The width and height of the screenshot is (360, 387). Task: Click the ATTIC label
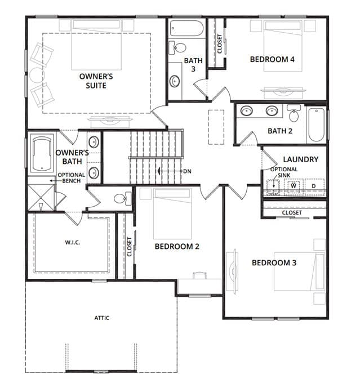click(102, 318)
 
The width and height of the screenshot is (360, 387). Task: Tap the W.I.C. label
click(73, 242)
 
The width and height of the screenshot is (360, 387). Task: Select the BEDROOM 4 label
click(272, 59)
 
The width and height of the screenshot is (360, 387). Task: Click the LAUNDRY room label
click(300, 159)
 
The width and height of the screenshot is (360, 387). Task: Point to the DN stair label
click(187, 171)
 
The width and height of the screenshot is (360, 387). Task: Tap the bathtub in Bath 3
click(186, 28)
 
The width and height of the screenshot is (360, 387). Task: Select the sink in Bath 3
click(175, 81)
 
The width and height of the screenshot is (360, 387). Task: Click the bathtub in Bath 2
click(316, 124)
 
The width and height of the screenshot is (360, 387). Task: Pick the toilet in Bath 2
click(294, 113)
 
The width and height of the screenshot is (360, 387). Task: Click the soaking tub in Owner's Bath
click(42, 154)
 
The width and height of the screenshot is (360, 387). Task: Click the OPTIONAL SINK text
click(284, 172)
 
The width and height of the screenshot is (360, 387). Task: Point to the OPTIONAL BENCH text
click(72, 178)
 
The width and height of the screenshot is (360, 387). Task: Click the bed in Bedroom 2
click(172, 213)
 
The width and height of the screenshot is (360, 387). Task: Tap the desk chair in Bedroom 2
click(199, 275)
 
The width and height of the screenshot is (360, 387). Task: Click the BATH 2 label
click(280, 131)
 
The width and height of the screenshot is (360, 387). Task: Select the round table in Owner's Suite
click(37, 75)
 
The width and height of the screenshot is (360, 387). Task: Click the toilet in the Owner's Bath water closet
click(123, 198)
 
